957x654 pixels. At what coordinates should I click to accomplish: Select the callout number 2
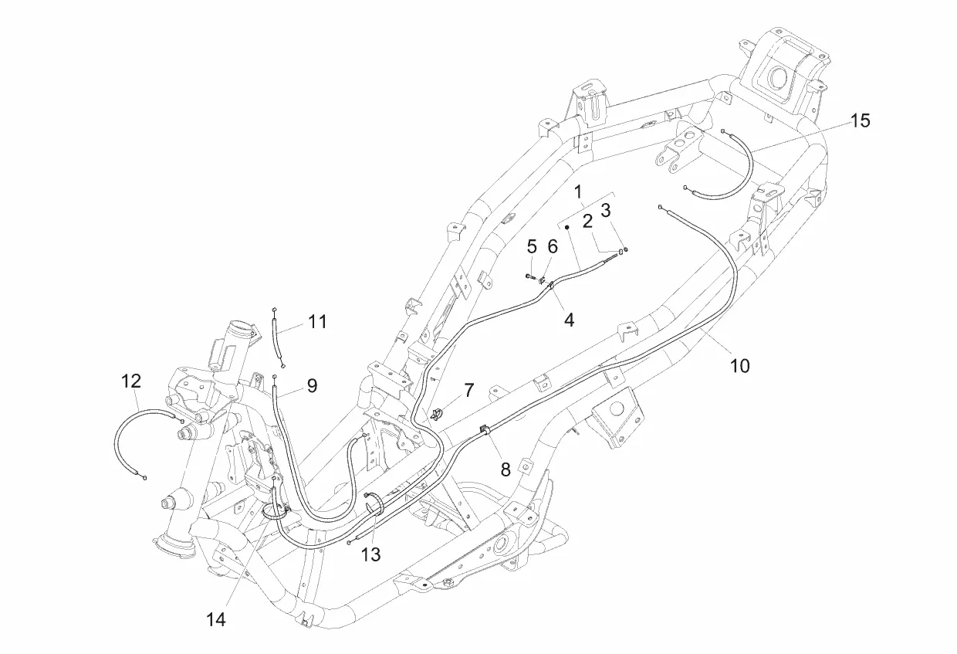588,222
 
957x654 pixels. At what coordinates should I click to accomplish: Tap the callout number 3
606,210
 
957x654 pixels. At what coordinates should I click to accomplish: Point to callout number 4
569,318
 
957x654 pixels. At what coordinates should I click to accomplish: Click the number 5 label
532,247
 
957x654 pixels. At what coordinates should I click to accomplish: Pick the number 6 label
552,246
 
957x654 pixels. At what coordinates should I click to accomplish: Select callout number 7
468,391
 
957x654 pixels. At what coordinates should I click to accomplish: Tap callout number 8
506,469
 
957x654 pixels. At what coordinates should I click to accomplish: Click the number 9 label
312,385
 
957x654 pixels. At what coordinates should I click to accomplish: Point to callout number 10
739,365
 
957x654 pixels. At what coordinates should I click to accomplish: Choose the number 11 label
317,321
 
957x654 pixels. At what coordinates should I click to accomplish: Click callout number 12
131,381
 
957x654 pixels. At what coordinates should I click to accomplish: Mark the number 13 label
371,554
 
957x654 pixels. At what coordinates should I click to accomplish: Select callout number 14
216,619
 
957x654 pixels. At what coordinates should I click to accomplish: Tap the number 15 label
860,120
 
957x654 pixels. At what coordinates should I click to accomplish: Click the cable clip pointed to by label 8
484,429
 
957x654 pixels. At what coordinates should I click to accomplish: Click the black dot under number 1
566,228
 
